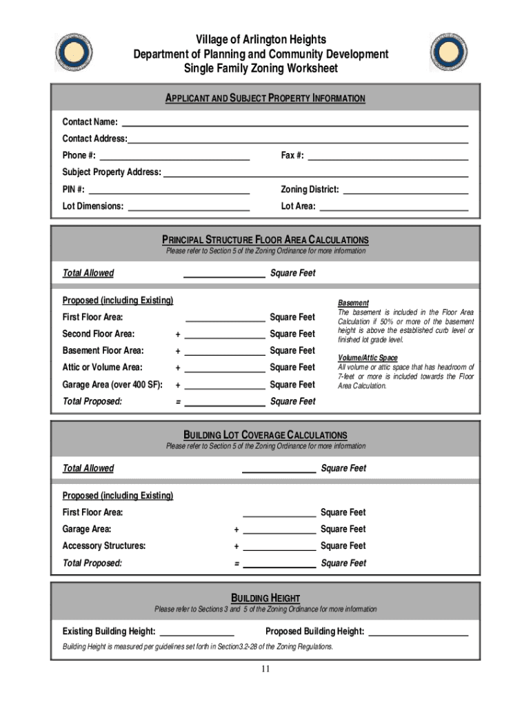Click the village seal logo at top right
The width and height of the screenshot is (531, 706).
tap(449, 53)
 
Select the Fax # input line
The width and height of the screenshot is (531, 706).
tap(388, 155)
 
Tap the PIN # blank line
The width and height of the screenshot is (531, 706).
tap(169, 189)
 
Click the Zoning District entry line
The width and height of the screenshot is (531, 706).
tap(405, 189)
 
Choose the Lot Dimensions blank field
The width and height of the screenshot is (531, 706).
tap(189, 205)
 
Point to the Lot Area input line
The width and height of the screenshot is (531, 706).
tap(394, 205)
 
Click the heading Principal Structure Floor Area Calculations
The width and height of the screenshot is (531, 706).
tap(265, 240)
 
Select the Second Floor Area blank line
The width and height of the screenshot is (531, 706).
tap(226, 334)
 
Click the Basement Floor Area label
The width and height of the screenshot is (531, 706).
tap(103, 351)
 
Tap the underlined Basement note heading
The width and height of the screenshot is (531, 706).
tap(353, 303)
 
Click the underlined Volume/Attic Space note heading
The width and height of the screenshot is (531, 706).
tap(368, 358)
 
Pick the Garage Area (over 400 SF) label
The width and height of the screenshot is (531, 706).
tap(112, 385)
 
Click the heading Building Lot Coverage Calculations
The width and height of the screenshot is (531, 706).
tap(265, 435)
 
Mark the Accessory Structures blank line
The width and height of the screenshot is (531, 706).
tap(279, 546)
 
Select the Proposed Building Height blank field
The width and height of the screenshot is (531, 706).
tap(419, 632)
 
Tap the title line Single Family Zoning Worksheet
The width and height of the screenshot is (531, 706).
tap(261, 68)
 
